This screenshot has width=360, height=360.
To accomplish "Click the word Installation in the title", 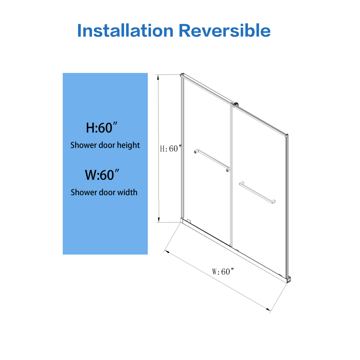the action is tap(125, 30).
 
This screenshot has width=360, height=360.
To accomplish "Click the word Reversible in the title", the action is tap(225, 30).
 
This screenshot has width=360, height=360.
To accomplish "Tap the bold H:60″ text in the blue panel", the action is tap(102, 127).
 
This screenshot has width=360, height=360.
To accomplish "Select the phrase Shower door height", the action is tap(105, 145).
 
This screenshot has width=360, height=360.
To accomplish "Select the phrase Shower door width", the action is tap(104, 192).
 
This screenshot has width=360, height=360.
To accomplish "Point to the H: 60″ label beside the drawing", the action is tap(171, 149).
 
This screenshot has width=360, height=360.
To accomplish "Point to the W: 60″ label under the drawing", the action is tap(223, 271).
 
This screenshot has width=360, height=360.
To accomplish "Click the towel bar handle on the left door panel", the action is tap(212, 160).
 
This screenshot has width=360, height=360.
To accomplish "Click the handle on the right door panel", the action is tap(257, 192).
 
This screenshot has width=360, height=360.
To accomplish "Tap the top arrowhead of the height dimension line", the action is tap(158, 77).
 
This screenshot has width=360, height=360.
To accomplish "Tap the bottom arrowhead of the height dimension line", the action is tap(159, 220).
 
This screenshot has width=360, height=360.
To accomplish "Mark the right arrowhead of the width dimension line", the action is tap(268, 310).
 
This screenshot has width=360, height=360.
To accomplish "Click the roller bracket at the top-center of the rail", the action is tap(235, 105).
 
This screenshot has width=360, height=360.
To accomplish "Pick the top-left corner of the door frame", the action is tap(181, 74).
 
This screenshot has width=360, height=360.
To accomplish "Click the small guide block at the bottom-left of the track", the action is tap(189, 221).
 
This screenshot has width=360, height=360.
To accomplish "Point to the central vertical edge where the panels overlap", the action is tap(231, 176).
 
